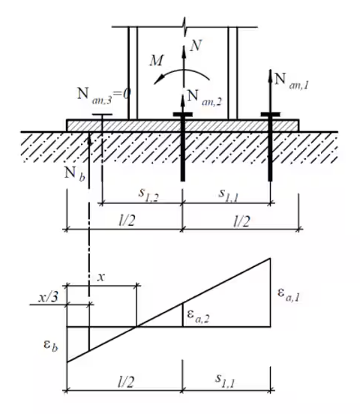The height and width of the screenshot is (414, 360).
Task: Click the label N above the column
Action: pos(196,45)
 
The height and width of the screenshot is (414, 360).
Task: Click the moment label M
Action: pos(157,60)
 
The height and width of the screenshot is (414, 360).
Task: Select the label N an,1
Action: pos(291,81)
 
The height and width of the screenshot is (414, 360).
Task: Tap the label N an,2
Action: pos(204,97)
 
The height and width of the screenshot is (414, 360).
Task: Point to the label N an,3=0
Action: pos(103,95)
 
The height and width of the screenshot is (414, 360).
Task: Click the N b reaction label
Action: pos(75,175)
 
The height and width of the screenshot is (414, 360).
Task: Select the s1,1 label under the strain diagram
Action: pos(225,381)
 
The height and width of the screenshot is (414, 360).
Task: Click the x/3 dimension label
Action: pos(48,298)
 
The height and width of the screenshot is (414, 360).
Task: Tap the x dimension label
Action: pos(101,277)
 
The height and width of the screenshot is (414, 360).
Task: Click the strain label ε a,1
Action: pos(289,295)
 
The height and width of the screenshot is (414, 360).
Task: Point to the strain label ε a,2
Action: pos(198,316)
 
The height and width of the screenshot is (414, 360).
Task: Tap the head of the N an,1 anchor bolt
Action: pos(270,114)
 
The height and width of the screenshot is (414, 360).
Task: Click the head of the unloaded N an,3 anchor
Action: pos(102,115)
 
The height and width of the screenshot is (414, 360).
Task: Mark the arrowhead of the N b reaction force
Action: pos(89,138)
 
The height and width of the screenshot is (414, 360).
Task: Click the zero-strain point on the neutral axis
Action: pos(136,327)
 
